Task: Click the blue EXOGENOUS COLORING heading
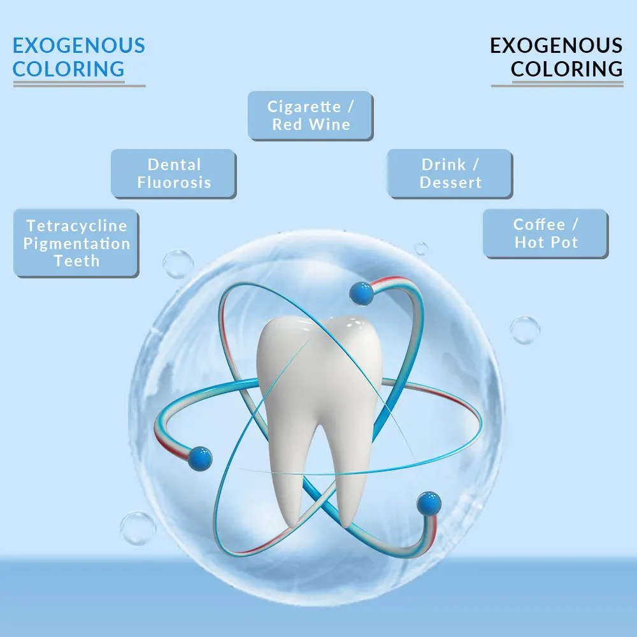tap(79, 57)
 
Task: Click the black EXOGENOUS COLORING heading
tap(556, 57)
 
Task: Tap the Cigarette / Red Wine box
tap(310, 115)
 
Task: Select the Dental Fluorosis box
tap(173, 173)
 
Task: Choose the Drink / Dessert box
tap(450, 173)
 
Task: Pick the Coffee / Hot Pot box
tap(545, 233)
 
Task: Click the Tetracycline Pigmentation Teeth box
tap(76, 243)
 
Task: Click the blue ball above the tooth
tap(361, 294)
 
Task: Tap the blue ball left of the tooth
tap(200, 457)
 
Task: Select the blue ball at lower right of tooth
tap(429, 503)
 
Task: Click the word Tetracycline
tap(76, 225)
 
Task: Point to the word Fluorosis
tap(174, 182)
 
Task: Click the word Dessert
tap(451, 182)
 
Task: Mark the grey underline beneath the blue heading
tap(79, 85)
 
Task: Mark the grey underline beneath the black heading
tap(557, 85)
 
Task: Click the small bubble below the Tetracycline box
tap(178, 263)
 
